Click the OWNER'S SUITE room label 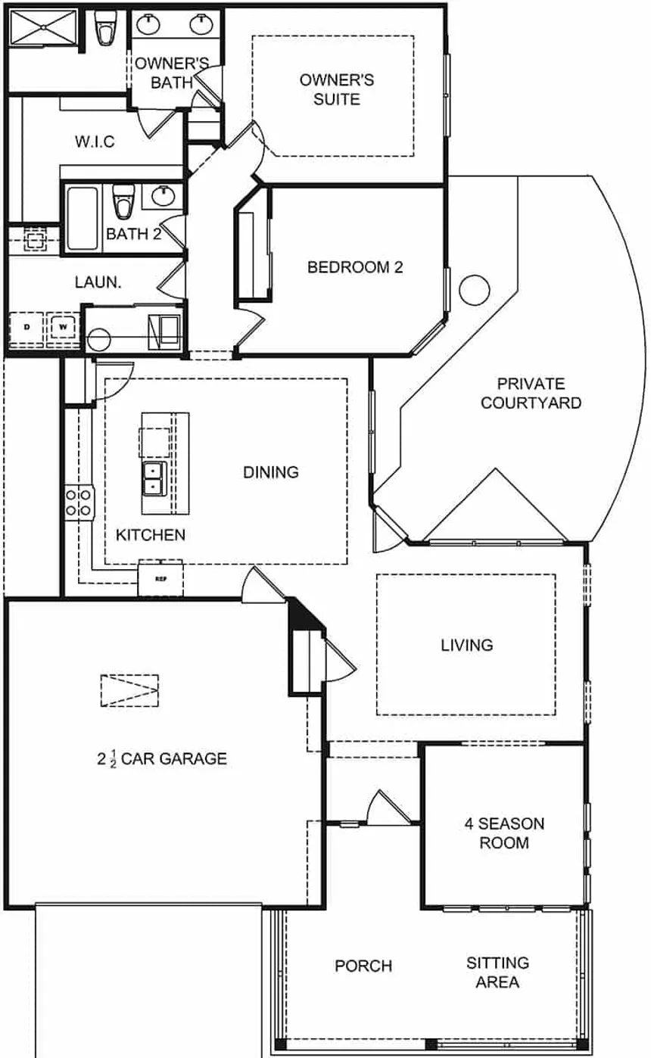pos(337,89)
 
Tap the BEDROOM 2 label pos(354,267)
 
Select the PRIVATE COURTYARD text pos(531,394)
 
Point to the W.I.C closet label pos(95,142)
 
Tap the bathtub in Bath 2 pos(82,218)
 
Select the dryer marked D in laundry pos(28,327)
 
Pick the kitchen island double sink pos(154,478)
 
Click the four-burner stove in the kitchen pos(79,502)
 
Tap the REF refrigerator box pos(160,580)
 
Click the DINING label pos(270,472)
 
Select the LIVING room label pos(467,645)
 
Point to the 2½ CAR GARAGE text pos(162,758)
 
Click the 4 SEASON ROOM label pos(503,833)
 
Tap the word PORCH pos(363,966)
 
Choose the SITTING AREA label pos(497,972)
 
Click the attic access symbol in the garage pos(129,690)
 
